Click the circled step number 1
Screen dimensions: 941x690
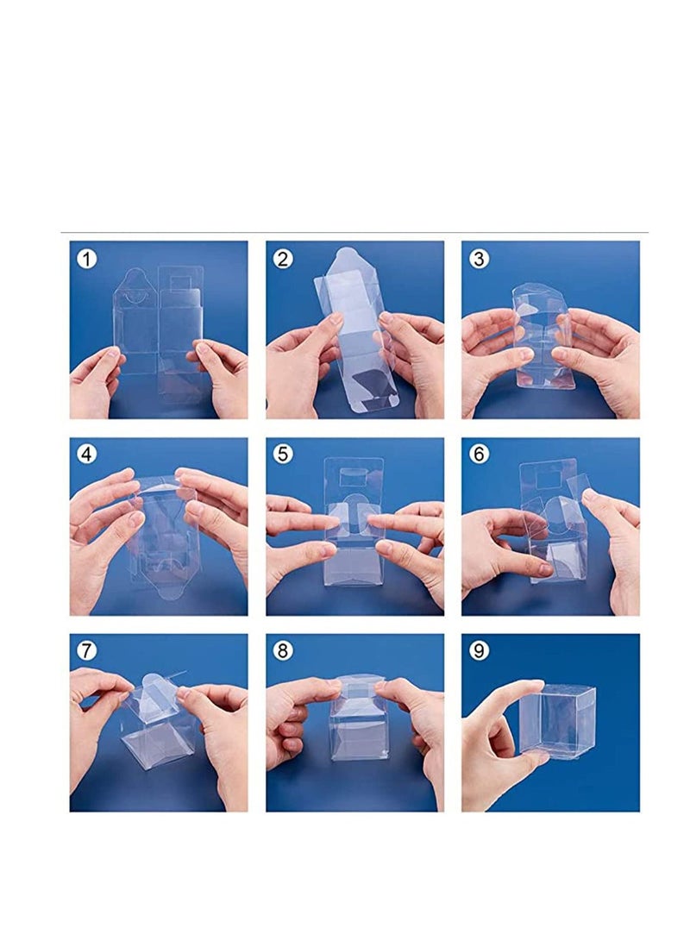point(85,257)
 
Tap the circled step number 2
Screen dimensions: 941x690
point(281,257)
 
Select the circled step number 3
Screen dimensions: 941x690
point(478,257)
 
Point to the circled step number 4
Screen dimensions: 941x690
point(85,454)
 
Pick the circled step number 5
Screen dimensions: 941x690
point(281,454)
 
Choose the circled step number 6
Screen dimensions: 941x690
point(478,454)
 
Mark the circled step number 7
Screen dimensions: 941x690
point(85,650)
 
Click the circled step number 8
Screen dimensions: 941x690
point(281,650)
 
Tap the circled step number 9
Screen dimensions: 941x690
point(478,650)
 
